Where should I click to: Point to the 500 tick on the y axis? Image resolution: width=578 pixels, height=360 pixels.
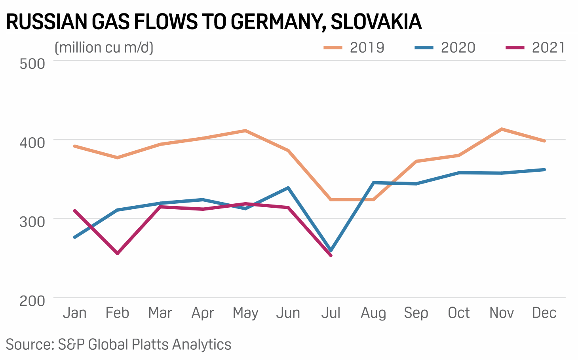pyautogui.click(x=32, y=63)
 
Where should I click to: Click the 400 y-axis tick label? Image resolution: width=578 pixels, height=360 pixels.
pyautogui.click(x=32, y=142)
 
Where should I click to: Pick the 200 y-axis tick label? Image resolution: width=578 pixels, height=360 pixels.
pyautogui.click(x=32, y=300)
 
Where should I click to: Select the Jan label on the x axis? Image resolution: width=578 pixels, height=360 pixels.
pyautogui.click(x=75, y=313)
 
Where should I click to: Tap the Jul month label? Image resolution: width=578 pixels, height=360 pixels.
pyautogui.click(x=331, y=313)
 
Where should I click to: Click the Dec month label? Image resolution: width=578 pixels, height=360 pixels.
pyautogui.click(x=544, y=313)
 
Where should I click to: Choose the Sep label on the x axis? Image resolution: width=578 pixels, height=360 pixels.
pyautogui.click(x=416, y=313)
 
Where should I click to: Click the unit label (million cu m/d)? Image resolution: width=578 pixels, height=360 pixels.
pyautogui.click(x=104, y=47)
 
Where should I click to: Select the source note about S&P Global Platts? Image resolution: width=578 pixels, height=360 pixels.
pyautogui.click(x=118, y=344)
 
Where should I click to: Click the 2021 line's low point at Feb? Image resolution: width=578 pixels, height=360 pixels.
pyautogui.click(x=118, y=253)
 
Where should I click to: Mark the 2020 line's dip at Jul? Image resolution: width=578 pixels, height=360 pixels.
pyautogui.click(x=331, y=250)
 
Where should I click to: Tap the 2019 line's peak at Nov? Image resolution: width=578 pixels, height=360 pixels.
pyautogui.click(x=502, y=129)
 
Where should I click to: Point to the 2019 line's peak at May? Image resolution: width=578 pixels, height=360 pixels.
pyautogui.click(x=245, y=131)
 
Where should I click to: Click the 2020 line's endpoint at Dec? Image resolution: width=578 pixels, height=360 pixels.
pyautogui.click(x=544, y=170)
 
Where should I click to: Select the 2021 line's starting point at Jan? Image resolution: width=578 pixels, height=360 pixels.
pyautogui.click(x=75, y=211)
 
